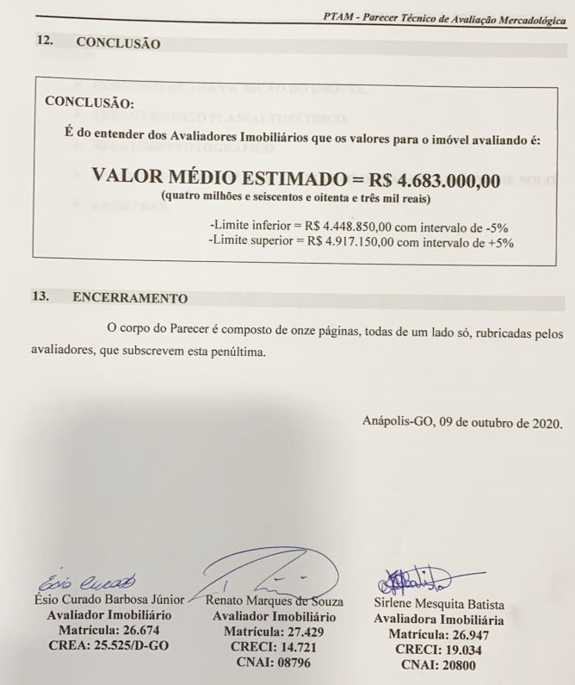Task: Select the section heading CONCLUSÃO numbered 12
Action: click(x=118, y=42)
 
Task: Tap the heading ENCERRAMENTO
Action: click(x=130, y=298)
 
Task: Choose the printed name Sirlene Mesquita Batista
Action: click(x=439, y=604)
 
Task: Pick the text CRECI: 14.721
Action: click(x=270, y=646)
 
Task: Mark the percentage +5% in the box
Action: click(x=498, y=243)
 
